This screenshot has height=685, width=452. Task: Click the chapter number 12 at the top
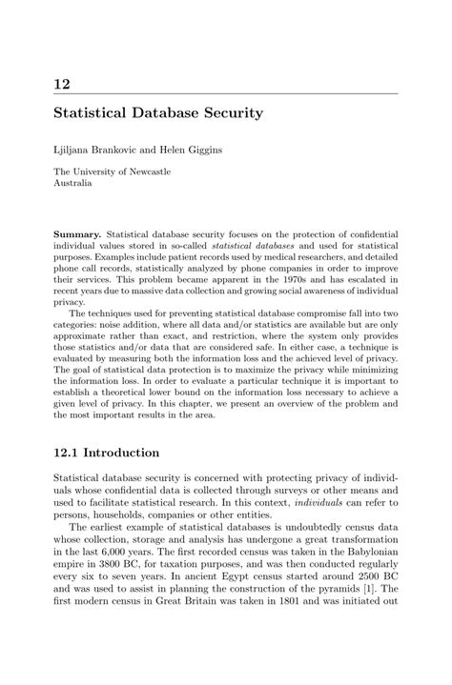tap(63, 85)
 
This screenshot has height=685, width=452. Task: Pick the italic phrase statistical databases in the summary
tap(261, 246)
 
